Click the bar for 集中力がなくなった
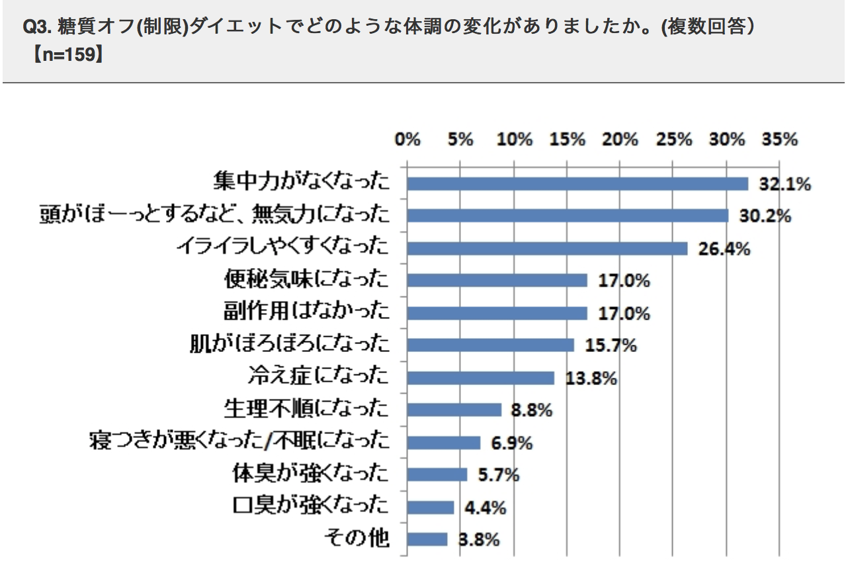(x=577, y=183)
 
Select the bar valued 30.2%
(x=567, y=216)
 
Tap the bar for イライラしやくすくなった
(x=547, y=248)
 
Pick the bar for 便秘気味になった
(x=497, y=281)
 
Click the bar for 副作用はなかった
(x=497, y=313)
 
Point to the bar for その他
(x=427, y=539)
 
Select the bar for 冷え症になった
(x=480, y=378)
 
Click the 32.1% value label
(x=784, y=185)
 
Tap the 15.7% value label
(x=610, y=345)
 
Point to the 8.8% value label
(x=531, y=410)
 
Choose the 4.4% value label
(x=485, y=508)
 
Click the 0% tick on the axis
(x=407, y=140)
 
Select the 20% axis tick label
(x=620, y=140)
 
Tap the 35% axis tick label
(x=780, y=140)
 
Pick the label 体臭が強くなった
(x=310, y=474)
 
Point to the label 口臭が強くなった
(x=310, y=507)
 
